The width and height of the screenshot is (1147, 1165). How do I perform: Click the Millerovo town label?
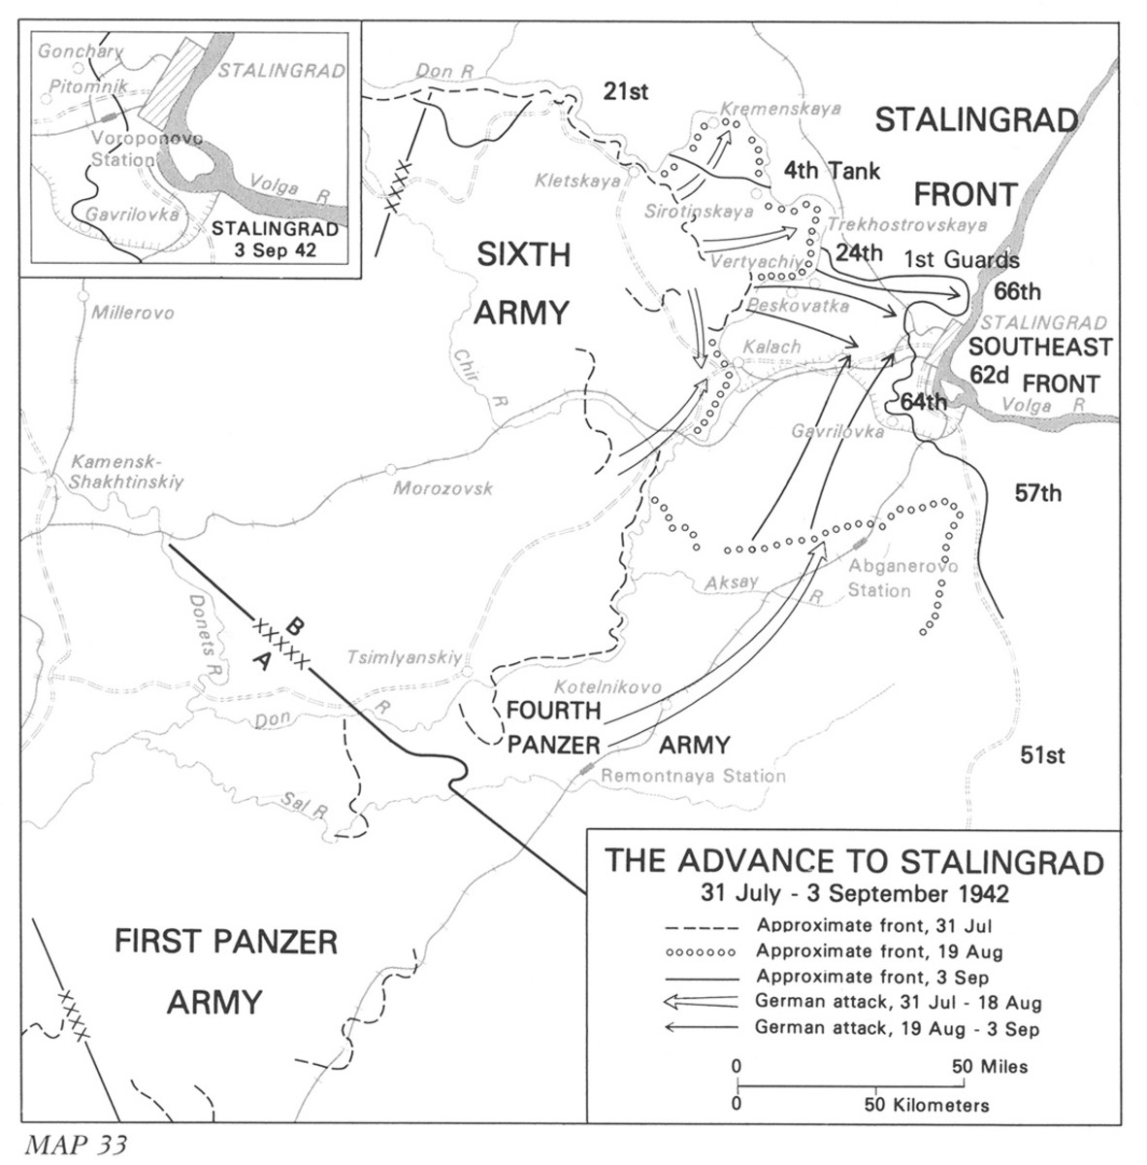pos(132,314)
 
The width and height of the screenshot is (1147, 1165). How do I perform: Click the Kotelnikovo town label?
pos(608,687)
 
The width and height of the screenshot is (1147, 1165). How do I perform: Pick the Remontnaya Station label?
pos(693,776)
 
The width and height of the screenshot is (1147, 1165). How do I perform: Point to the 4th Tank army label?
pos(833,172)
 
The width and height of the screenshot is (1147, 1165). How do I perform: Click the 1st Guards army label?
pos(961,259)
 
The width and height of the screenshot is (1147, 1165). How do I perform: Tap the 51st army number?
pos(1042,754)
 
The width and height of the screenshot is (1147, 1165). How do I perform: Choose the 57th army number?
pos(1038,493)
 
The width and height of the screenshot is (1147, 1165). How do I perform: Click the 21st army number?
pos(625,92)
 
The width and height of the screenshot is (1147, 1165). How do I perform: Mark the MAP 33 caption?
pos(77,1143)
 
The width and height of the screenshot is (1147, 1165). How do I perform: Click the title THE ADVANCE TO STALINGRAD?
pos(854,862)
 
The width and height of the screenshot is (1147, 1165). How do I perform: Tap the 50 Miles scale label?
pos(990,1066)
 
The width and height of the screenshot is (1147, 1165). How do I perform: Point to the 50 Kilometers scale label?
pos(928,1105)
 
